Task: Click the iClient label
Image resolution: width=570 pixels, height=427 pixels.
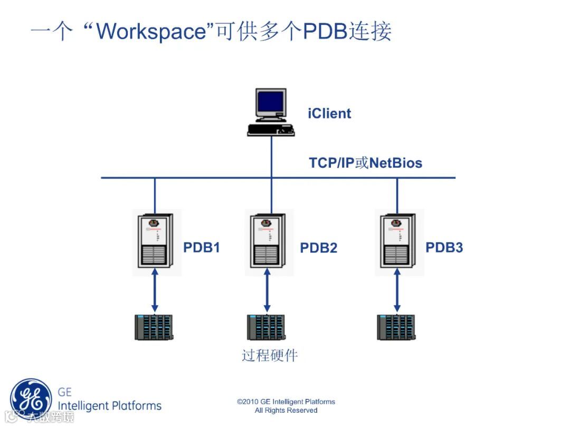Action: pos(329,113)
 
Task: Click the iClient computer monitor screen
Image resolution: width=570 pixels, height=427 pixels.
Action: pos(270,103)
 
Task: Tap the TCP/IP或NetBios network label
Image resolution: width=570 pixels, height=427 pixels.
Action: pos(366,162)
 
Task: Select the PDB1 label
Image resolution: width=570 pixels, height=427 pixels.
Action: pos(202,247)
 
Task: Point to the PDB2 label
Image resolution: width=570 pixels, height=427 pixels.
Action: pos(318,248)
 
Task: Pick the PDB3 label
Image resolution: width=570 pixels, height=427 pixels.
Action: pos(444,247)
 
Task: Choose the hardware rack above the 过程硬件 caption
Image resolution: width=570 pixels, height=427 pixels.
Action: pos(266,327)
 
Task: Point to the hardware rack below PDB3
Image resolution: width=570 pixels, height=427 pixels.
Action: pos(396,327)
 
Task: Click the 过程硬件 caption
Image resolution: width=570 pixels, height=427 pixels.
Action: pos(270,355)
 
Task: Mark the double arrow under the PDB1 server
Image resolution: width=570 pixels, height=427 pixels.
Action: pos(155,290)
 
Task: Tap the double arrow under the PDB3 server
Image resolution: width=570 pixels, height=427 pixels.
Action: pos(397,290)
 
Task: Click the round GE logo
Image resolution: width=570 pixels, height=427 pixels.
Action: pos(31,399)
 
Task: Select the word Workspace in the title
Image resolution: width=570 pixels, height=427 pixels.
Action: pos(150,32)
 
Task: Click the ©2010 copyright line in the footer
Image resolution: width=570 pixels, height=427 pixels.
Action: pos(286,402)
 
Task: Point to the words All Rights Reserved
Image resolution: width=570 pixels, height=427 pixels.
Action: pos(286,410)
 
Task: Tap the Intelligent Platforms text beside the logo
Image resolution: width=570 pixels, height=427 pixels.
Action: pos(109,405)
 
